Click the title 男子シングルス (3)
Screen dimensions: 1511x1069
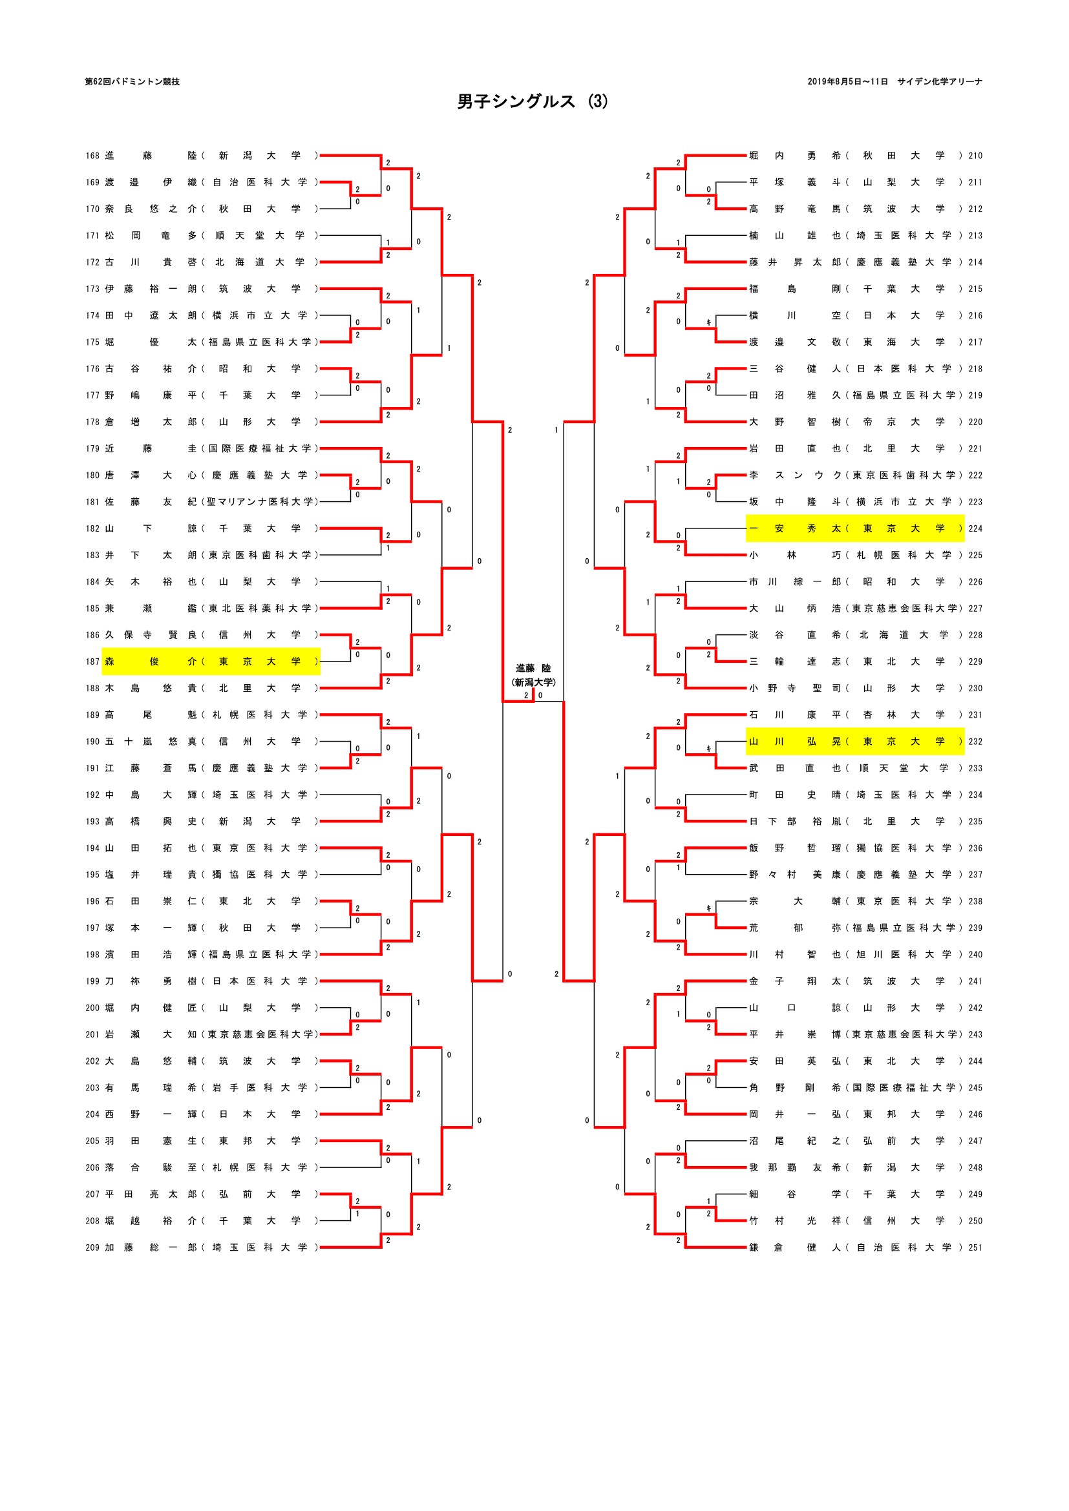pyautogui.click(x=533, y=101)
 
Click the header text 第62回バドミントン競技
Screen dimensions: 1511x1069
pyautogui.click(x=132, y=81)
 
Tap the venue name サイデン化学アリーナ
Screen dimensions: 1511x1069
pyautogui.click(x=939, y=81)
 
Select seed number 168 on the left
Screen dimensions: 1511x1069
pyautogui.click(x=92, y=156)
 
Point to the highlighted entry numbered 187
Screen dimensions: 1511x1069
pyautogui.click(x=211, y=662)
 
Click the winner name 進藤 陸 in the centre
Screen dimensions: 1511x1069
pyautogui.click(x=533, y=669)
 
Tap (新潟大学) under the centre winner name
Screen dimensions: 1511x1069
pyautogui.click(x=533, y=682)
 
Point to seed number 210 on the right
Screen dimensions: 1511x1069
pyautogui.click(x=975, y=156)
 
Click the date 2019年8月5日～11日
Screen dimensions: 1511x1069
pyautogui.click(x=847, y=81)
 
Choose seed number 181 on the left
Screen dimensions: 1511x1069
pyautogui.click(x=92, y=502)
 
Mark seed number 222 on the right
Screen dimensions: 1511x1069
pyautogui.click(x=975, y=475)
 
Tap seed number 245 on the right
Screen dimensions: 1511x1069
pyautogui.click(x=975, y=1088)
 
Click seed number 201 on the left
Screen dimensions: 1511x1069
pyautogui.click(x=92, y=1034)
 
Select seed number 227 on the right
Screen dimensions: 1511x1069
pyautogui.click(x=975, y=609)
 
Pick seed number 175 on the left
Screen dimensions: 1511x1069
pyautogui.click(x=92, y=342)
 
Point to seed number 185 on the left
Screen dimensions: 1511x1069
pyautogui.click(x=92, y=609)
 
